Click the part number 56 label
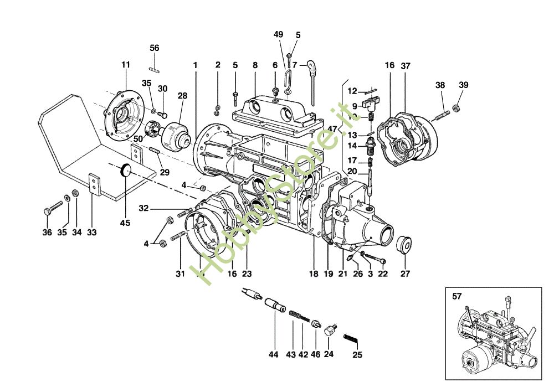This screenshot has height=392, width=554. point(155,48)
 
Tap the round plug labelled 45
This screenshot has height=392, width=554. point(126,170)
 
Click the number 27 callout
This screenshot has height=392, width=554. point(406,274)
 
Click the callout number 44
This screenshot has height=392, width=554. point(273,354)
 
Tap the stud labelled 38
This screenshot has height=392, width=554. point(441,116)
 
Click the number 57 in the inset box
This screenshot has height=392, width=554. point(456,297)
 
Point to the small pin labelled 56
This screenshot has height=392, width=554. point(155,69)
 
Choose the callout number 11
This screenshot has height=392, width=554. point(125,65)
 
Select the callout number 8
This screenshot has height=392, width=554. point(255,65)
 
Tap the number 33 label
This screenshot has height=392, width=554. point(92,233)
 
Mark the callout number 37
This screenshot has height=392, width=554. point(406,65)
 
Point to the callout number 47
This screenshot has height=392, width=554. point(332,128)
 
